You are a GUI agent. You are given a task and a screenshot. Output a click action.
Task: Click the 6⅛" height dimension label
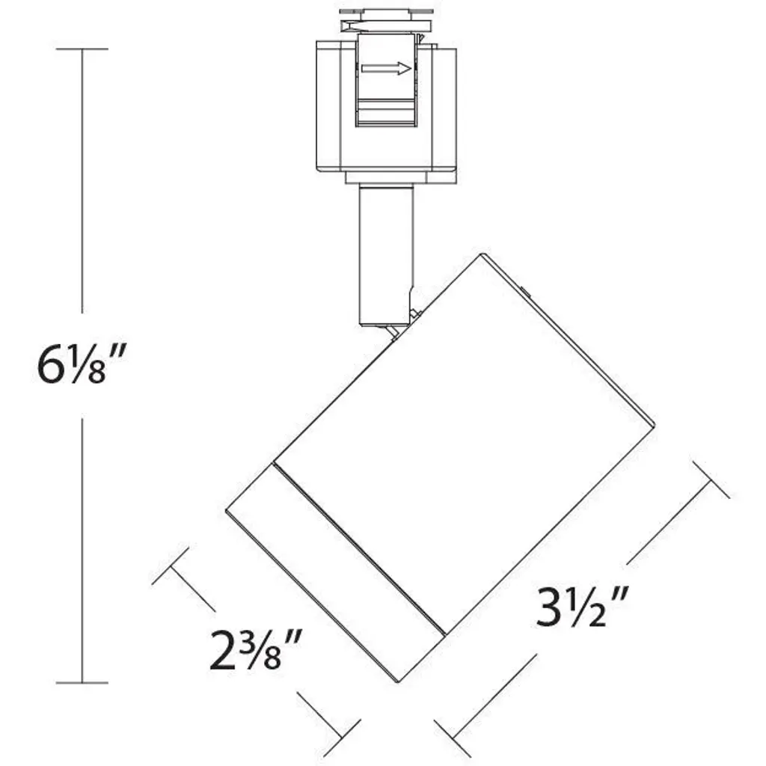[x=82, y=364]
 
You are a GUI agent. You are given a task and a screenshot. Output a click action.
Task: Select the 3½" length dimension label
[x=580, y=607]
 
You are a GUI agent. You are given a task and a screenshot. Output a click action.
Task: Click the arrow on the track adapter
[x=387, y=68]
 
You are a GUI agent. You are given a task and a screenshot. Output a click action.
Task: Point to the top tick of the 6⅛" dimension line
[x=82, y=49]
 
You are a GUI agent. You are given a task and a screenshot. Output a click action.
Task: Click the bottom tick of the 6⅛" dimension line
[x=82, y=682]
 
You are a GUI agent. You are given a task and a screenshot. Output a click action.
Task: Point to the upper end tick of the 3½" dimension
[x=711, y=479]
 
